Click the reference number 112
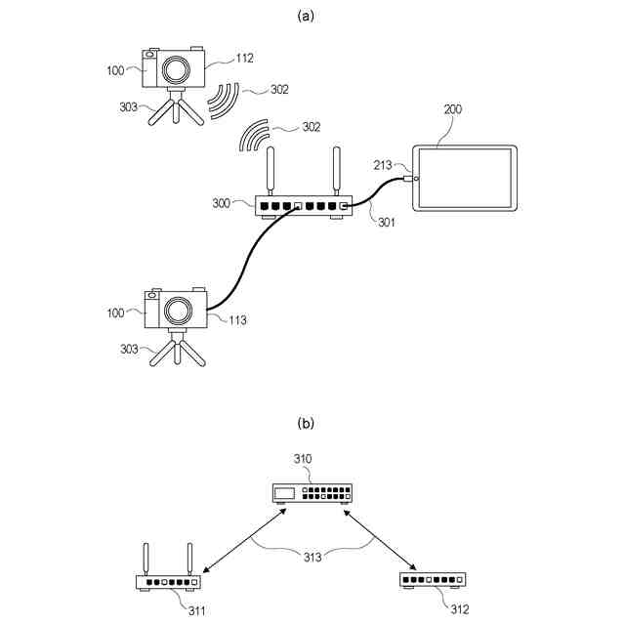(244, 58)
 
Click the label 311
(196, 610)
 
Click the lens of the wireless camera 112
(177, 69)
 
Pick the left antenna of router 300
(272, 171)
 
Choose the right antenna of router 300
(335, 171)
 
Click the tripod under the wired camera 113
(177, 349)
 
